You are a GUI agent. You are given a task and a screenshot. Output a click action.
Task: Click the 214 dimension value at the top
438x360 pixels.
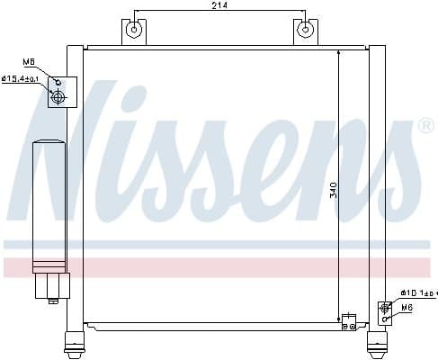219,6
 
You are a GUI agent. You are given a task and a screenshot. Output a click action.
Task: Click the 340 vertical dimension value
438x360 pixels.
335,190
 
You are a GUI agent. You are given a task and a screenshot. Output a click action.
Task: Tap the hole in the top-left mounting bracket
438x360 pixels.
134,31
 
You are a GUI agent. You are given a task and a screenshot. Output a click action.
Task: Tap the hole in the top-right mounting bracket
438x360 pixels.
306,31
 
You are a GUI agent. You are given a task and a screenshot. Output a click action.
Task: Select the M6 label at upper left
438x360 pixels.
31,62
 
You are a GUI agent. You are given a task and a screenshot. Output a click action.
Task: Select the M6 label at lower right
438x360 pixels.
407,308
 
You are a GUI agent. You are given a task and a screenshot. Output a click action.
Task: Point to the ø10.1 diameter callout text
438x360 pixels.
416,292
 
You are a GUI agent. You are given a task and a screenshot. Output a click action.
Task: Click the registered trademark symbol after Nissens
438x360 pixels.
426,126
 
